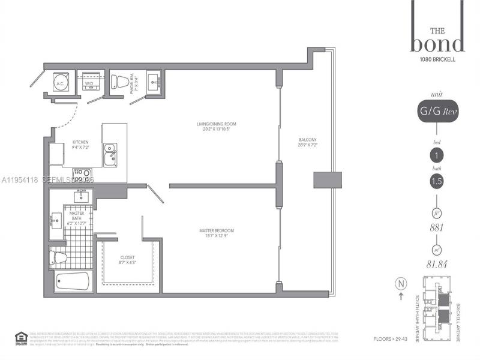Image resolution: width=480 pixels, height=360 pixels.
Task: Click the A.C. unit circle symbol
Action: tap(60, 84)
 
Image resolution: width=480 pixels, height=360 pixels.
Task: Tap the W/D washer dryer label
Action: tap(89, 84)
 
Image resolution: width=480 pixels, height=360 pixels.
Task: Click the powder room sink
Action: tap(154, 80)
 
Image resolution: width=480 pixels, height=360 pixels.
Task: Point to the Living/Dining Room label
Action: tap(217, 127)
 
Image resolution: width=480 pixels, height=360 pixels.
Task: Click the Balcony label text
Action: tap(307, 143)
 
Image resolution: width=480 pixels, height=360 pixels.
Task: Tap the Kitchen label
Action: tap(81, 145)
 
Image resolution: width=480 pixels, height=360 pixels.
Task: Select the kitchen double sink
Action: tap(110, 154)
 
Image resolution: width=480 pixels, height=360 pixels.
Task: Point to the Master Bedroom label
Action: tap(217, 233)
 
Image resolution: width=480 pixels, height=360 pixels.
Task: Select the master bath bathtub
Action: tap(72, 281)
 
